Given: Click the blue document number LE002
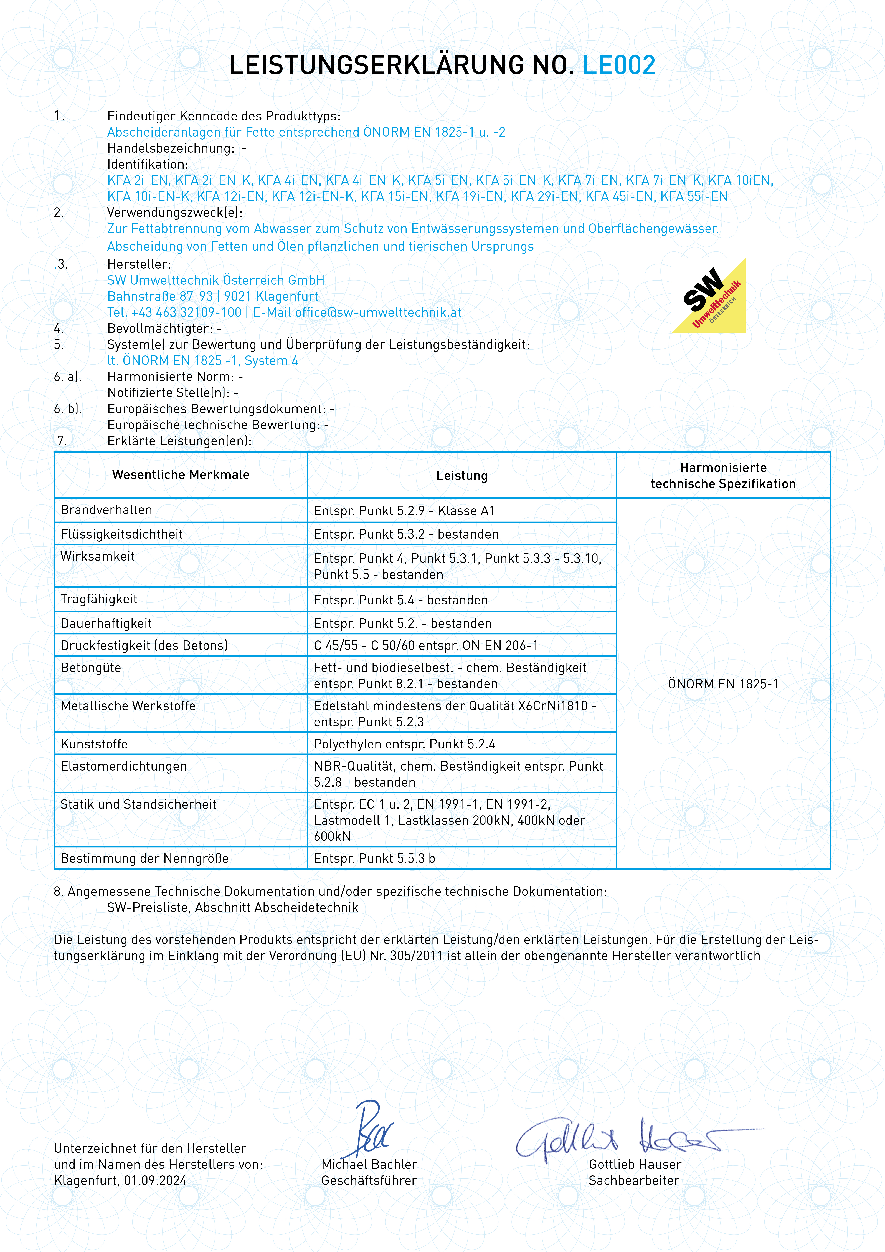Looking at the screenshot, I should [619, 65].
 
